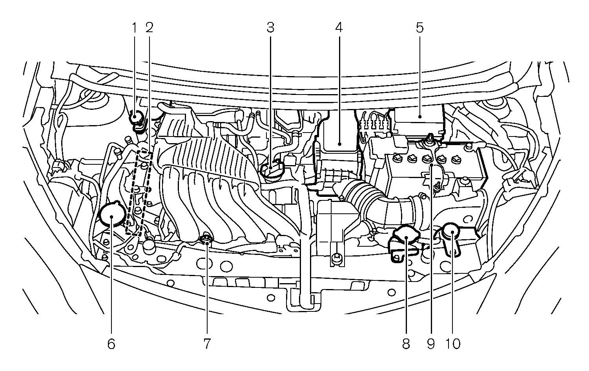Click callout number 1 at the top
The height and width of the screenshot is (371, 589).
click(x=134, y=27)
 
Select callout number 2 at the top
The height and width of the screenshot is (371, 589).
click(x=149, y=27)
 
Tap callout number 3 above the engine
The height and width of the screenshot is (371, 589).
click(x=270, y=27)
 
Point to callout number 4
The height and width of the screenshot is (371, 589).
click(x=339, y=27)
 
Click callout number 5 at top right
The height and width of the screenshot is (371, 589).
click(x=419, y=27)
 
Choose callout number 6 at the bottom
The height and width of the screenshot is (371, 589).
click(x=111, y=344)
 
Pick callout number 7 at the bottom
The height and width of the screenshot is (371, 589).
click(x=207, y=344)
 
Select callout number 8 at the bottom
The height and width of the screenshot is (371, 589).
click(x=406, y=344)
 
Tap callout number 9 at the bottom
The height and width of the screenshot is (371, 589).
click(x=431, y=344)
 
